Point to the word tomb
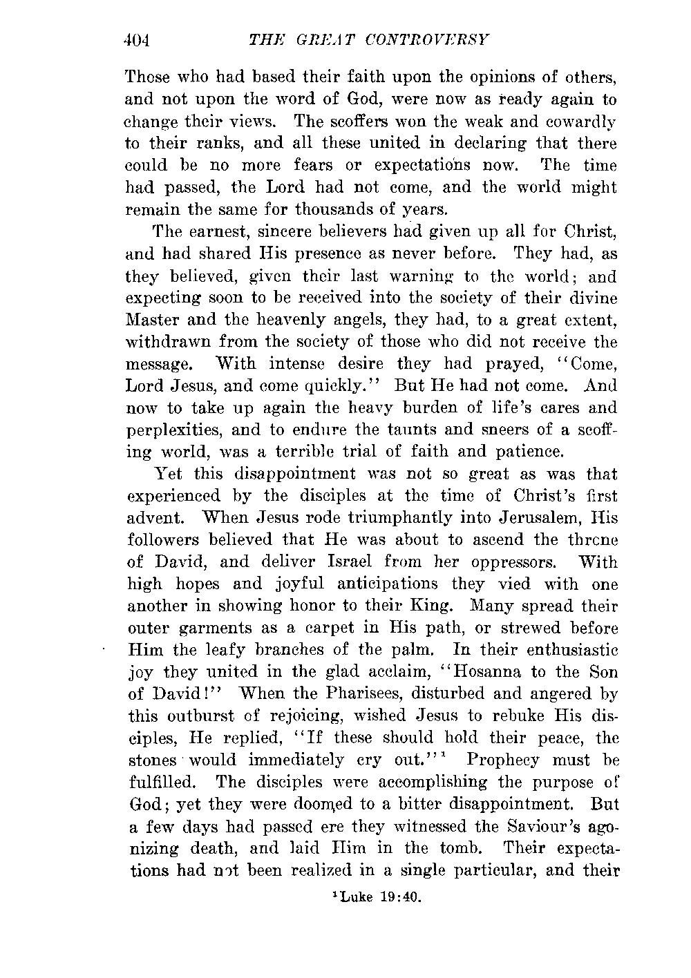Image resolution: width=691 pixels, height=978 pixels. pos(471,847)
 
